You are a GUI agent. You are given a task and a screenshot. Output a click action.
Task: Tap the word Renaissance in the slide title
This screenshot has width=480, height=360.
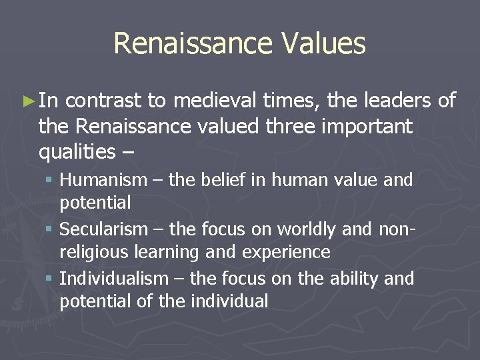[189, 44]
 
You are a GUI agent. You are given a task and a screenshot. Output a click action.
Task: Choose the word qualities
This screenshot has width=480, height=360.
[77, 152]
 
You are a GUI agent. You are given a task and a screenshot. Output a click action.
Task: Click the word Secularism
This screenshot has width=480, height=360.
[103, 229]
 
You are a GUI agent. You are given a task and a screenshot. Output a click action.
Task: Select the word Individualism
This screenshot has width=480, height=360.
[111, 278]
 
